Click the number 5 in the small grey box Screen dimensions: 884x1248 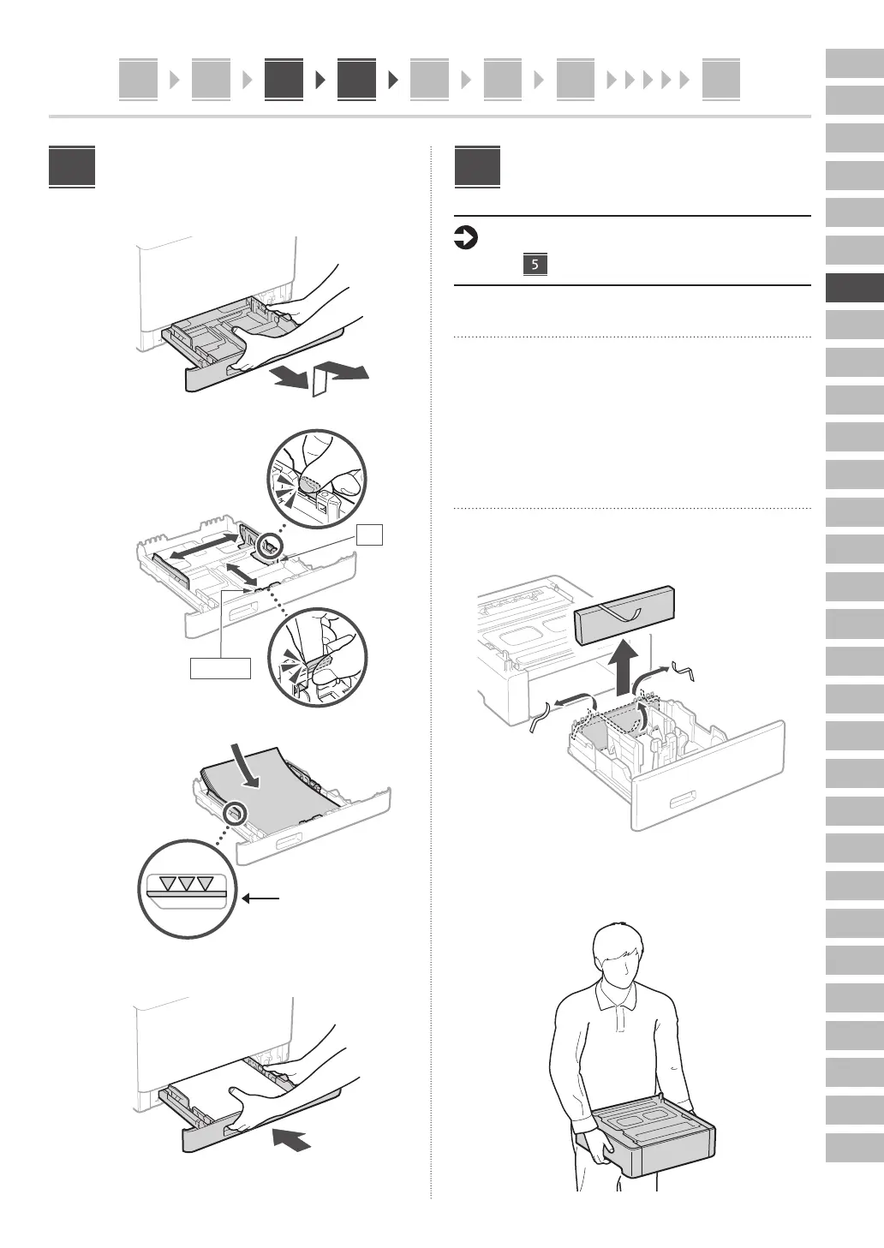(535, 265)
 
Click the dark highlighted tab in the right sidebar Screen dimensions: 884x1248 (854, 288)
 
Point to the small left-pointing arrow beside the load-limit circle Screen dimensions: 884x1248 (261, 899)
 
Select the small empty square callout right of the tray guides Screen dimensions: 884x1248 (370, 534)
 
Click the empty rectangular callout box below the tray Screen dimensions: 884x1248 (220, 668)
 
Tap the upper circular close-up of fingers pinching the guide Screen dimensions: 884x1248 (316, 480)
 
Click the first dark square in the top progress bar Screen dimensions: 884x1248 (284, 80)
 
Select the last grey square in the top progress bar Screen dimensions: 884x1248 (720, 80)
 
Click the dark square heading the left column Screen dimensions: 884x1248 (72, 168)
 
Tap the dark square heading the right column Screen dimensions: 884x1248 (477, 168)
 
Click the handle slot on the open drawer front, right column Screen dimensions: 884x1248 (683, 802)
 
